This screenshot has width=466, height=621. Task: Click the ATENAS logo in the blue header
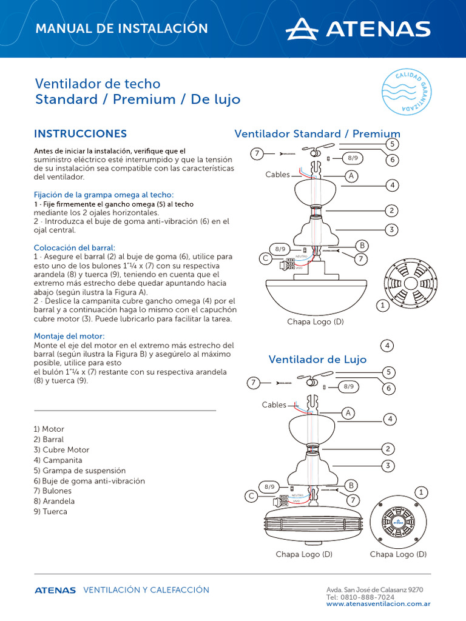pyautogui.click(x=358, y=29)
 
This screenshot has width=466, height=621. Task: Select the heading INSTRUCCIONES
pyautogui.click(x=80, y=133)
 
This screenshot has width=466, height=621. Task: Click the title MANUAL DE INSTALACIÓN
pyautogui.click(x=121, y=29)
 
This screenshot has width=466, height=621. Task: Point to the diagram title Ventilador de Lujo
pyautogui.click(x=317, y=360)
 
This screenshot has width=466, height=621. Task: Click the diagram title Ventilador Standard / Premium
pyautogui.click(x=317, y=133)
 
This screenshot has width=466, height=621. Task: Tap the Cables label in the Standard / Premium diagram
pyautogui.click(x=277, y=175)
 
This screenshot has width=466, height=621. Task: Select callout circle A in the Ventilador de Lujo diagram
pyautogui.click(x=348, y=413)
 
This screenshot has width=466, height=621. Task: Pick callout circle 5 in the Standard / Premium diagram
pyautogui.click(x=393, y=144)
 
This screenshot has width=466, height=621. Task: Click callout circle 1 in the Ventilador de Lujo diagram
pyautogui.click(x=420, y=491)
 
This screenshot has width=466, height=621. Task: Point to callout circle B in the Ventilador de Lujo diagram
pyautogui.click(x=350, y=485)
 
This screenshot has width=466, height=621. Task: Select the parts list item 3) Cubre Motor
pyautogui.click(x=61, y=450)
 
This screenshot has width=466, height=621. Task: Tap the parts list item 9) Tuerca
pyautogui.click(x=50, y=512)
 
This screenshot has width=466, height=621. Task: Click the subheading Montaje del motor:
pyautogui.click(x=69, y=336)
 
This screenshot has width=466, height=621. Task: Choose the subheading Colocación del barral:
pyautogui.click(x=74, y=247)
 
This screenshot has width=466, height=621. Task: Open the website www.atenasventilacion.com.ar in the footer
pyautogui.click(x=379, y=604)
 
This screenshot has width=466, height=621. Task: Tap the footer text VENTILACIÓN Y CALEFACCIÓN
pyautogui.click(x=146, y=590)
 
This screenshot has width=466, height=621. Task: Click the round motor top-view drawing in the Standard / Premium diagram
pyautogui.click(x=410, y=283)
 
